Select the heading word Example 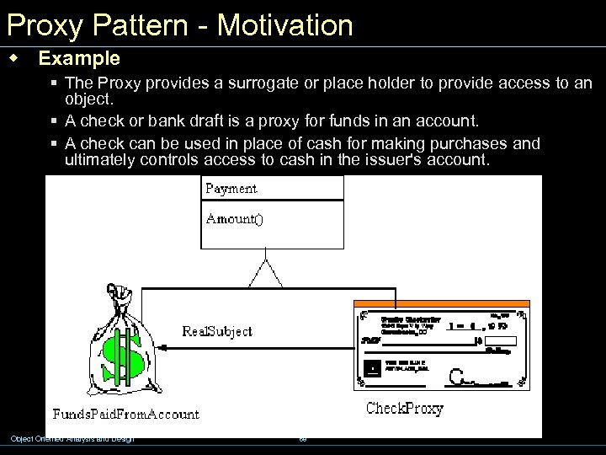79,59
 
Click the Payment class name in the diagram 231,189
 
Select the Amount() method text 235,219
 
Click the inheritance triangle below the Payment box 266,273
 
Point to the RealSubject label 217,331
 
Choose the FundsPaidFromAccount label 126,414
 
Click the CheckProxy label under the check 404,409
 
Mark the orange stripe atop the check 443,303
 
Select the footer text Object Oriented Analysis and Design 72,438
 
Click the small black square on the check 371,368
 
